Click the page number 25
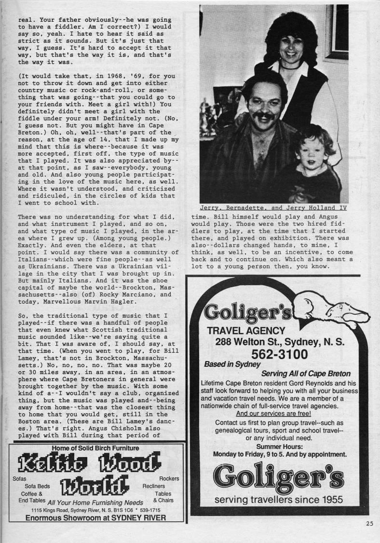[x=369, y=523]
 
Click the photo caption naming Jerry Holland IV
[x=274, y=208]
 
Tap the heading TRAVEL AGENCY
[x=246, y=331]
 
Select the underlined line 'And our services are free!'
[x=273, y=414]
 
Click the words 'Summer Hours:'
[x=279, y=446]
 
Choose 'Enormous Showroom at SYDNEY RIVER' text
[x=95, y=518]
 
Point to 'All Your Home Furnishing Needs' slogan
[x=95, y=502]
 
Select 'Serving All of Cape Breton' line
[x=306, y=374]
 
